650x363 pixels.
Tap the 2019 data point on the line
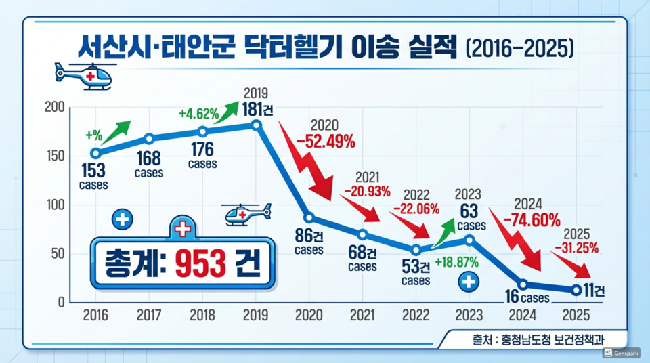256,125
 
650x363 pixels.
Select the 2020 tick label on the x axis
309,315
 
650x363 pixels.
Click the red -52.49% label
325,141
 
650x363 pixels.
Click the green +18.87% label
456,262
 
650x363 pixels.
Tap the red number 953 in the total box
200,263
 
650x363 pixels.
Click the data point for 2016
95,153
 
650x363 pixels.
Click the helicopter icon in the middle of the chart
247,215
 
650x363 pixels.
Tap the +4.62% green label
198,114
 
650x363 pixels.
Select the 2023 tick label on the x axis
469,315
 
